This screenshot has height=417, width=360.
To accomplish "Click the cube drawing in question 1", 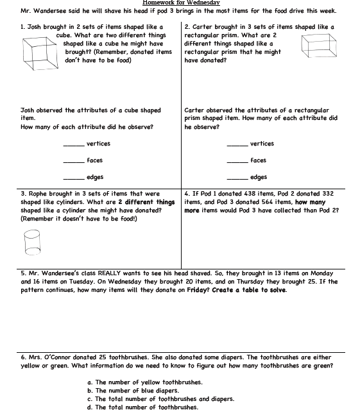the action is point(40,53).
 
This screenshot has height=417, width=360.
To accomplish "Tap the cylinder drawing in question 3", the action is point(32,243).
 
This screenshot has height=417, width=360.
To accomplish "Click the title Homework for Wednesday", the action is point(181,3).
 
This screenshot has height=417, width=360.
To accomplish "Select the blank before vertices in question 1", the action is point(74,146).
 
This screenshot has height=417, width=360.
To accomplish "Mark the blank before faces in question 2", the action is point(237,162).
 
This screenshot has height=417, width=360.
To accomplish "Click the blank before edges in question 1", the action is point(74,179).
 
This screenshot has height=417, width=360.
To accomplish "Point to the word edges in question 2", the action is point(259,177).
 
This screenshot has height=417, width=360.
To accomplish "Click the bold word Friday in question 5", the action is point(196,290).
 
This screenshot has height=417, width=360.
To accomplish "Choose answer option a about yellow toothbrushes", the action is point(145,382).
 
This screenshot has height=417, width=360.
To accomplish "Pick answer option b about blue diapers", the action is point(133,391).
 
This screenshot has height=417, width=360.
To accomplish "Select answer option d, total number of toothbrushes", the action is point(143,407).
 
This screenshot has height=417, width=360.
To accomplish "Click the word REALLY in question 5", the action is point(109,273).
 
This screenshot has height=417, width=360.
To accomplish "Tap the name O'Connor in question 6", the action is point(57,357).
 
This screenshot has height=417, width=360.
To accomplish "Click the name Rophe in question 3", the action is point(38,194).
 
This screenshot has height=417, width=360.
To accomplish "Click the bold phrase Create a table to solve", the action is point(250,290).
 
